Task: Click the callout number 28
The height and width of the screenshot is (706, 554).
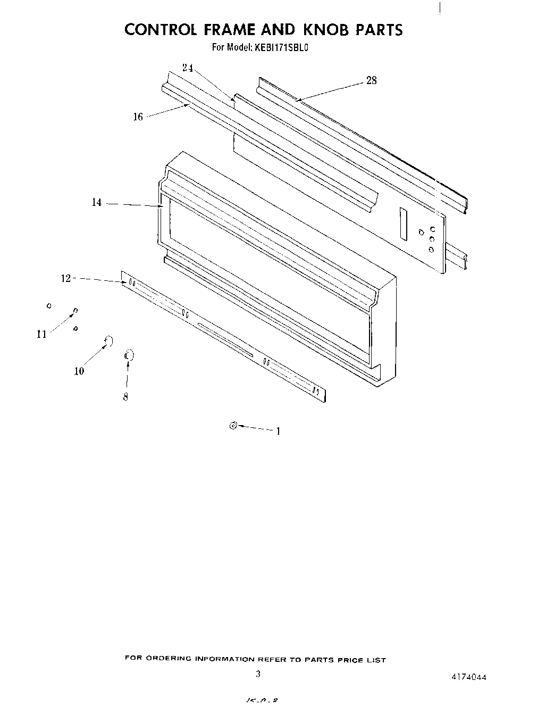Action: [x=371, y=80]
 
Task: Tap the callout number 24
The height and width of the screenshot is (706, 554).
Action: [x=187, y=68]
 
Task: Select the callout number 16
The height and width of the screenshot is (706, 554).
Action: [x=138, y=117]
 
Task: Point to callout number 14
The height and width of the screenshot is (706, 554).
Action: [x=96, y=203]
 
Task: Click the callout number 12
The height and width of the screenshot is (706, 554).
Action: [x=65, y=278]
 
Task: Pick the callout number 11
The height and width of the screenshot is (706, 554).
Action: [x=41, y=334]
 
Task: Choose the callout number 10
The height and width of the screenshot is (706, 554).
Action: [x=79, y=371]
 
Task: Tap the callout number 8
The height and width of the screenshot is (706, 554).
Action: [x=125, y=397]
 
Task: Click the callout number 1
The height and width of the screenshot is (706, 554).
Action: [x=278, y=431]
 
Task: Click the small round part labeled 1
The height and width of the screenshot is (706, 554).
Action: [x=232, y=425]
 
